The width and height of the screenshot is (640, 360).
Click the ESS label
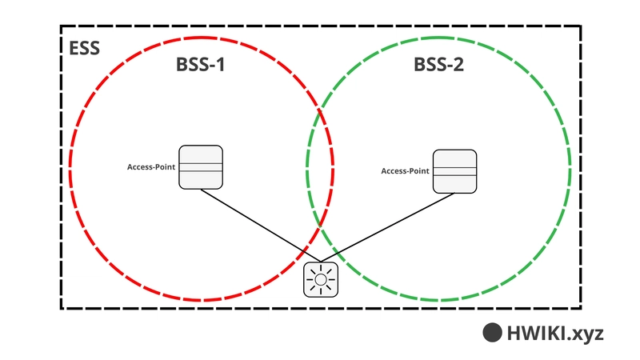pyautogui.click(x=84, y=48)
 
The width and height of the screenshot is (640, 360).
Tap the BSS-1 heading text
pyautogui.click(x=201, y=65)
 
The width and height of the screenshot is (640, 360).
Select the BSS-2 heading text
pyautogui.click(x=438, y=65)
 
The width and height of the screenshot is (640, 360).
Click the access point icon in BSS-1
pyautogui.click(x=201, y=167)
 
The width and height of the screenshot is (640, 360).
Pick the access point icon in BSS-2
pyautogui.click(x=454, y=171)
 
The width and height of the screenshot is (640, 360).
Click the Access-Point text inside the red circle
pyautogui.click(x=151, y=167)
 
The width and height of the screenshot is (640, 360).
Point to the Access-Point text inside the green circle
pyautogui.click(x=405, y=171)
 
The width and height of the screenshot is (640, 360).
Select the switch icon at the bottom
pyautogui.click(x=321, y=279)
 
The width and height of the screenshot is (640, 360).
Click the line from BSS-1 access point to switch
pyautogui.click(x=261, y=226)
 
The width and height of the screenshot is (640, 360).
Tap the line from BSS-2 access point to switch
pyautogui.click(x=388, y=228)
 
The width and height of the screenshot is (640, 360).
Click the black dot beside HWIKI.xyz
pyautogui.click(x=492, y=332)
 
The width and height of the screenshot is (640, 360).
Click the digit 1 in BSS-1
pyautogui.click(x=221, y=65)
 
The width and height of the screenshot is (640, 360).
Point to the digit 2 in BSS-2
pyautogui.click(x=458, y=65)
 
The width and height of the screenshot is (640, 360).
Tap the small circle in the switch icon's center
pyautogui.click(x=321, y=279)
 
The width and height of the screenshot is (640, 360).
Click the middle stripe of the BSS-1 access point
pyautogui.click(x=201, y=167)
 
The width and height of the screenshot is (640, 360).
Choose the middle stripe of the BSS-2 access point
pyautogui.click(x=454, y=171)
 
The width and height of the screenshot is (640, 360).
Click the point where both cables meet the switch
pyautogui.click(x=321, y=262)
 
